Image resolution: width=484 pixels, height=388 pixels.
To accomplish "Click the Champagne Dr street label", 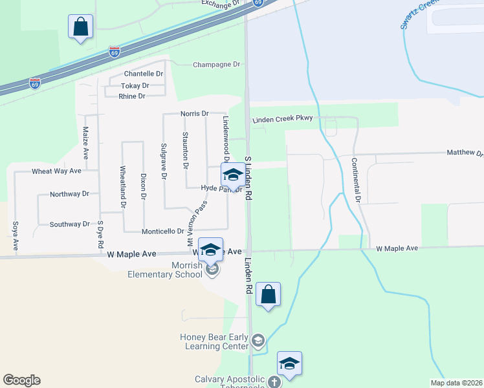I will pos(217,65).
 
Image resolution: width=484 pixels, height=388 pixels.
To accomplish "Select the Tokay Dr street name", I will pos(135,85).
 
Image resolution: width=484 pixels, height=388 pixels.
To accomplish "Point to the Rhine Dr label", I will pos(131,96).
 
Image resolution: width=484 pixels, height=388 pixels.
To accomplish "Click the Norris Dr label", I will pos(195,114).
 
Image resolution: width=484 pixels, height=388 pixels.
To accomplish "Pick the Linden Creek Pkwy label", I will pos(283,118).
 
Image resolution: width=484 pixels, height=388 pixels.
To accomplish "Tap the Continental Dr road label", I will pos(355,180).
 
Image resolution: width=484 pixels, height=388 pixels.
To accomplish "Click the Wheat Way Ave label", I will pos(57,171).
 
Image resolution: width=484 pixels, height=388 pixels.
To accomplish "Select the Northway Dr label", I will pos(69,194).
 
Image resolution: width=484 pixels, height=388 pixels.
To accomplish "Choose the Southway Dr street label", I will pos(69,224).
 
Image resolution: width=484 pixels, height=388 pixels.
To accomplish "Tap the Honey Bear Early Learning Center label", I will pos(214,341).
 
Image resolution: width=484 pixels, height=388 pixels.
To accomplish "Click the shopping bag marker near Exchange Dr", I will pos(81,27).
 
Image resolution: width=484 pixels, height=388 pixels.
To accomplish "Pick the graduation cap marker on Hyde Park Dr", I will pos(233,175).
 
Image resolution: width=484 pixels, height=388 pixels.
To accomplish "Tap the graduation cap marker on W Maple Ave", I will pos(211,250).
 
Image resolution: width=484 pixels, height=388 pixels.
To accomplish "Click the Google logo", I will pos(21,380).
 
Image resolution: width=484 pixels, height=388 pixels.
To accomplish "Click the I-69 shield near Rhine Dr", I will pos(35,83).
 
